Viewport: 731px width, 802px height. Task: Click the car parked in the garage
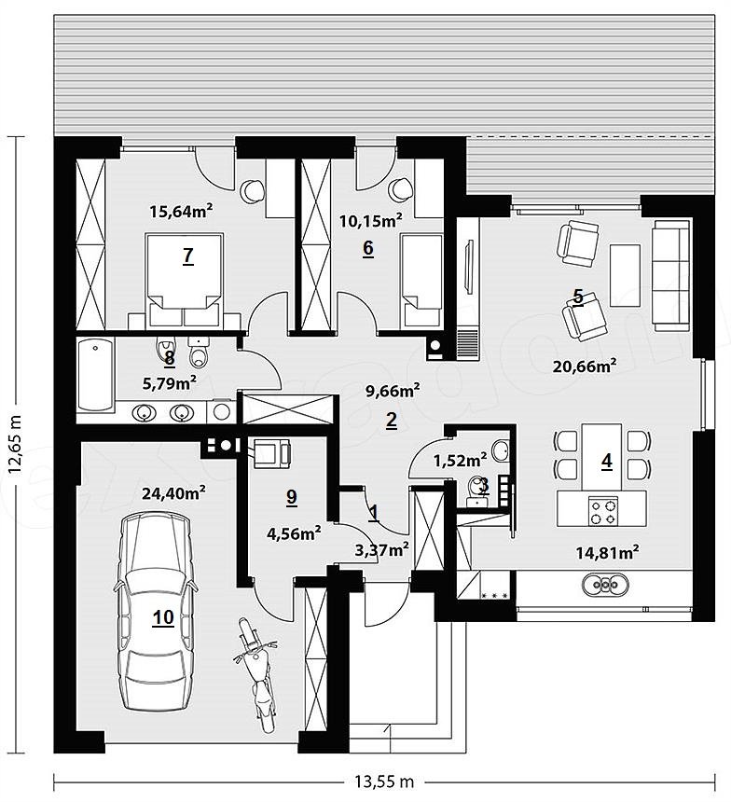pyautogui.click(x=156, y=613)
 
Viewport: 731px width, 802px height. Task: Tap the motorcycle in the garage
pyautogui.click(x=257, y=675)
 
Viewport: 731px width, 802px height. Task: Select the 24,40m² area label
pyautogui.click(x=174, y=492)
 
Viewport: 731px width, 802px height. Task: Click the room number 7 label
pyautogui.click(x=188, y=256)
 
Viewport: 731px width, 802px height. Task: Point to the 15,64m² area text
pyautogui.click(x=181, y=211)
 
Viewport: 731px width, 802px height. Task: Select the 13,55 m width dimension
pyautogui.click(x=383, y=781)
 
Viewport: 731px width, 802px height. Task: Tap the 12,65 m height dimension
pyautogui.click(x=15, y=445)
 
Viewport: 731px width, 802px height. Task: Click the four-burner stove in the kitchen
pyautogui.click(x=602, y=512)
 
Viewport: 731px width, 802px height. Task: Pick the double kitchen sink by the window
pyautogui.click(x=606, y=584)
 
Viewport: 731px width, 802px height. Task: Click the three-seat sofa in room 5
pyautogui.click(x=671, y=274)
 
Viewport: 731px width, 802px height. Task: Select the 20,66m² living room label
pyautogui.click(x=585, y=366)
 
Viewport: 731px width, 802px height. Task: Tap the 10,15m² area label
pyautogui.click(x=370, y=221)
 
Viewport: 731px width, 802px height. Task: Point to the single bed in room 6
pyautogui.click(x=421, y=281)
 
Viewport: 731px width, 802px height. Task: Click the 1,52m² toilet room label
pyautogui.click(x=460, y=461)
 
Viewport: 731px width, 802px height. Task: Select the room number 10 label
pyautogui.click(x=164, y=617)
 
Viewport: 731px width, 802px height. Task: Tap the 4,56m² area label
pyautogui.click(x=294, y=533)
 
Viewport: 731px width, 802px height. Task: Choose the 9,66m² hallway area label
pyautogui.click(x=393, y=392)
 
